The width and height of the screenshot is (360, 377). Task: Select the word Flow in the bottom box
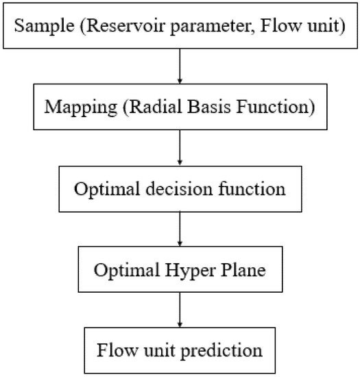[117, 350]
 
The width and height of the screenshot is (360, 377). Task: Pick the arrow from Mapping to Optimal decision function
[180, 147]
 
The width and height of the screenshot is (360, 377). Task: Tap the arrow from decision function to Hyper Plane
[180, 229]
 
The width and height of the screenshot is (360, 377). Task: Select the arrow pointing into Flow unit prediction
[180, 311]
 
